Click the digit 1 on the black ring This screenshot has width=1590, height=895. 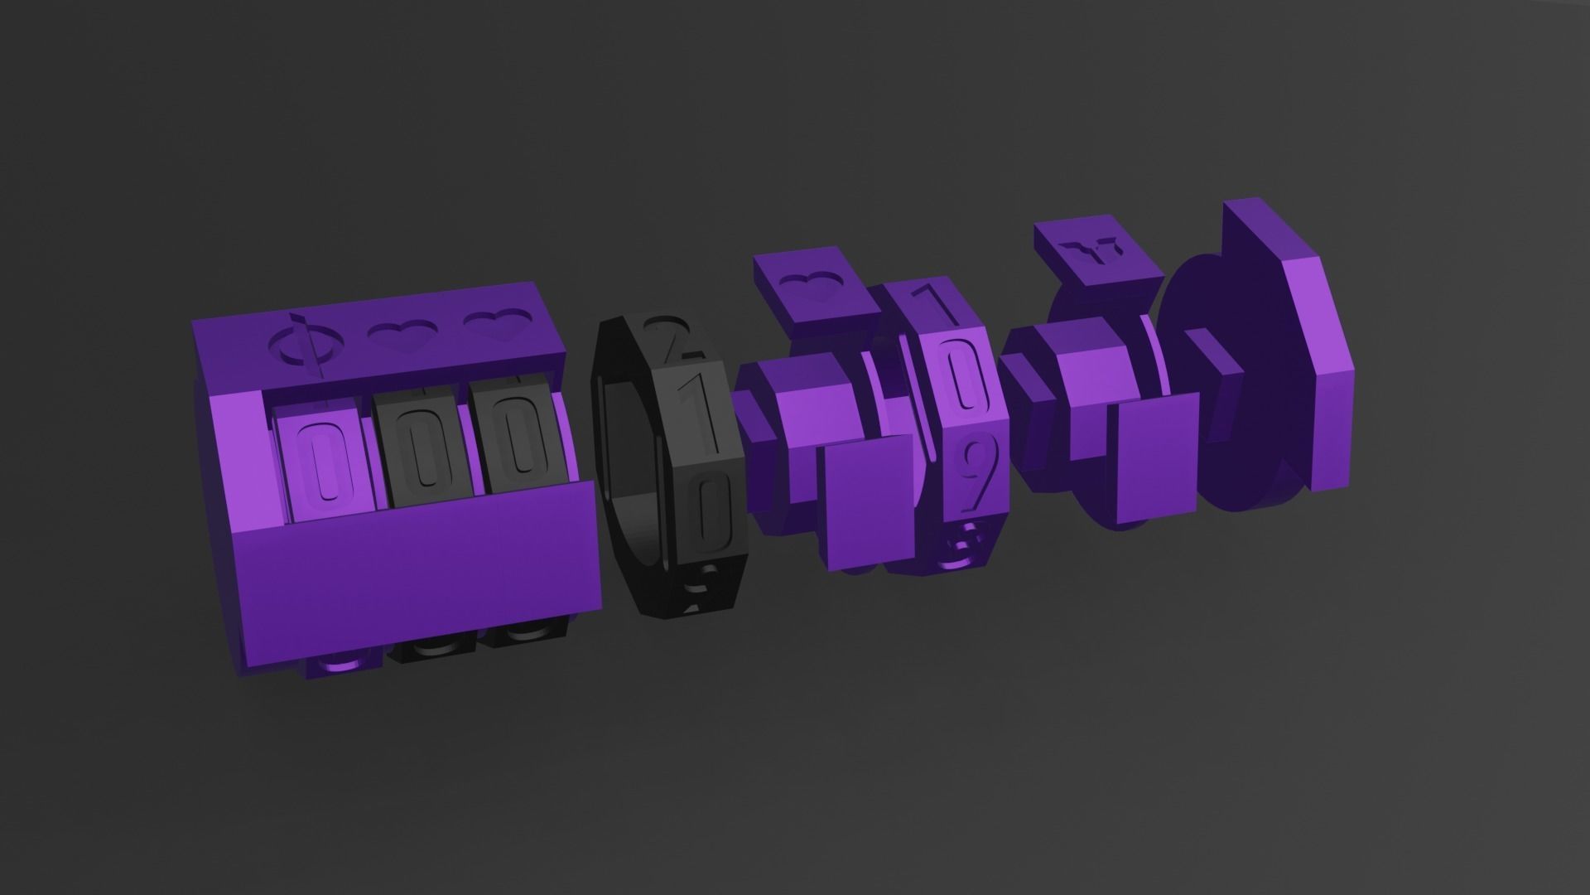(x=697, y=410)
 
